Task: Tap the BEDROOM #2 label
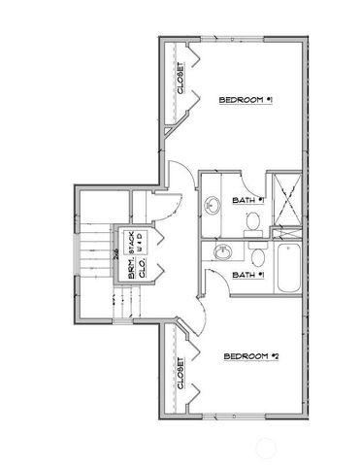pos(250,357)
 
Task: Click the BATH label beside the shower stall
pos(248,201)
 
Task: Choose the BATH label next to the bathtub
pos(248,275)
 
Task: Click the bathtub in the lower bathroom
pos(288,269)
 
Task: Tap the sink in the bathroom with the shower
pos(213,204)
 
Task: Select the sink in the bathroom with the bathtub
pos(222,253)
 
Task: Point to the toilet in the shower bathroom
pos(252,220)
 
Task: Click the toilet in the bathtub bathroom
pos(257,258)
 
